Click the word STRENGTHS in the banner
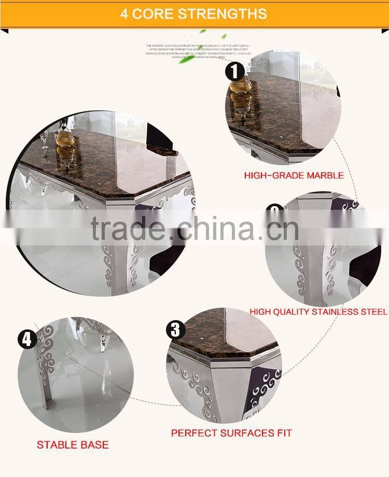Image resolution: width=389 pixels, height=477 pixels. pyautogui.click(x=223, y=13)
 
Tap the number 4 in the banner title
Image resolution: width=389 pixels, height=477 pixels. pyautogui.click(x=124, y=13)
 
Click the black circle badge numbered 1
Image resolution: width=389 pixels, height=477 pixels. pyautogui.click(x=234, y=71)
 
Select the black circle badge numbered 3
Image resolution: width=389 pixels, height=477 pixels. pyautogui.click(x=175, y=329)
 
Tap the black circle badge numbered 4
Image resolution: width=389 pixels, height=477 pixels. pyautogui.click(x=27, y=340)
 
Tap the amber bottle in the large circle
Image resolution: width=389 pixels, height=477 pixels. pyautogui.click(x=65, y=137)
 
